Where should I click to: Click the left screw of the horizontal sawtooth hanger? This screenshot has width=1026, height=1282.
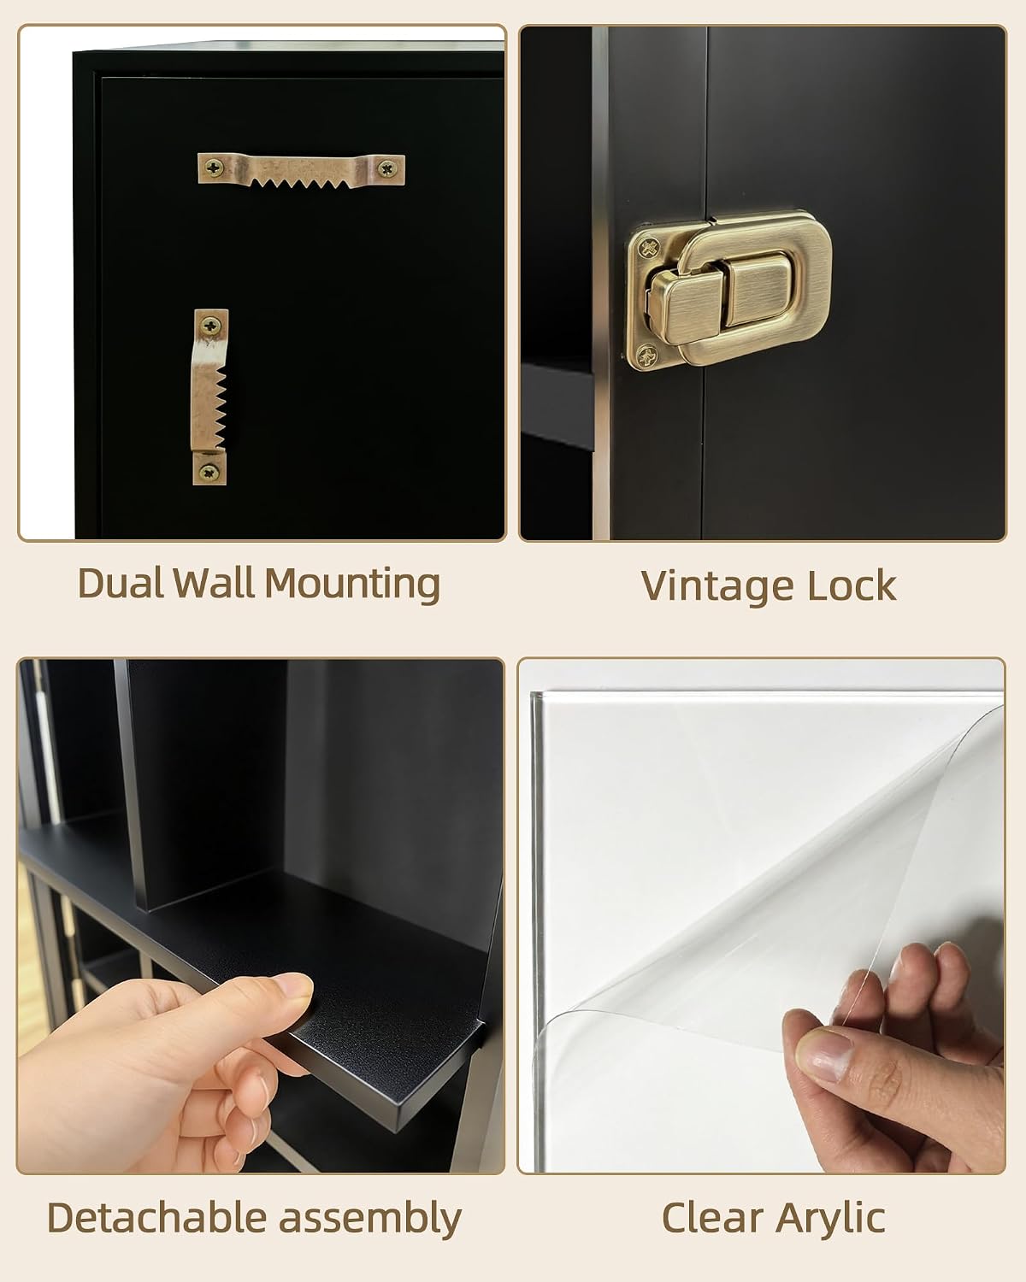click(x=214, y=168)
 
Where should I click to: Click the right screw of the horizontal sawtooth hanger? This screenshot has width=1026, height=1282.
click(x=388, y=168)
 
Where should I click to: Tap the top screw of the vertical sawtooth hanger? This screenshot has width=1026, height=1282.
click(x=210, y=326)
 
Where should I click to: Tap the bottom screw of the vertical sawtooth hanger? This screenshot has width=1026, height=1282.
click(x=209, y=473)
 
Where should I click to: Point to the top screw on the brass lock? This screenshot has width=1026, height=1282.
click(x=649, y=247)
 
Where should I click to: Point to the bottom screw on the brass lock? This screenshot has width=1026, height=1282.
click(x=647, y=356)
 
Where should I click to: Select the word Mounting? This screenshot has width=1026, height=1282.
click(x=352, y=585)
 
